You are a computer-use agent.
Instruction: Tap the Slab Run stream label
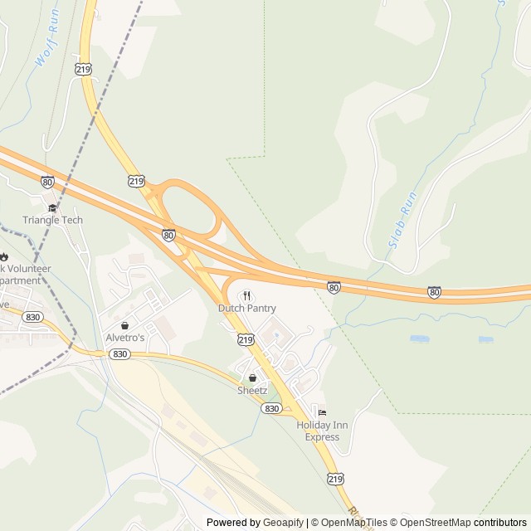coord(402,222)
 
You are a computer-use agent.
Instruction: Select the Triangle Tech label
coord(53,220)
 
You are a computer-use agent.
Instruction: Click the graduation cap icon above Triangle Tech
coord(53,207)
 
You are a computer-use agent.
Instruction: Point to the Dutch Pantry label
coord(247,308)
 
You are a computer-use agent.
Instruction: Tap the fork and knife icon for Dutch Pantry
coord(247,295)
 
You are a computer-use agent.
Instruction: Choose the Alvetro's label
coord(124,338)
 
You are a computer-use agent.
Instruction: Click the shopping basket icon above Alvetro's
coord(124,325)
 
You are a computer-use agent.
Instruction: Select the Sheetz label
coord(252,390)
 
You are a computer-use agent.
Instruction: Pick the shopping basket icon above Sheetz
coord(252,378)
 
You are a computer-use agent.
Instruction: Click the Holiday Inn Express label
coord(322,431)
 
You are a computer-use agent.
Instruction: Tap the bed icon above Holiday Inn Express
coord(322,413)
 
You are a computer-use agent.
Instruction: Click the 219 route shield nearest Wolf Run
coord(83,71)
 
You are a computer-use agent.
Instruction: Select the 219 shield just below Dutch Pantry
coord(246,339)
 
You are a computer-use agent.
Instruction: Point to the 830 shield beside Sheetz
coord(272,408)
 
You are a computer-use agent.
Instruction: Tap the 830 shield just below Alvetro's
coord(119,353)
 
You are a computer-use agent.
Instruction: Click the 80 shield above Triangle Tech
coord(47,182)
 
